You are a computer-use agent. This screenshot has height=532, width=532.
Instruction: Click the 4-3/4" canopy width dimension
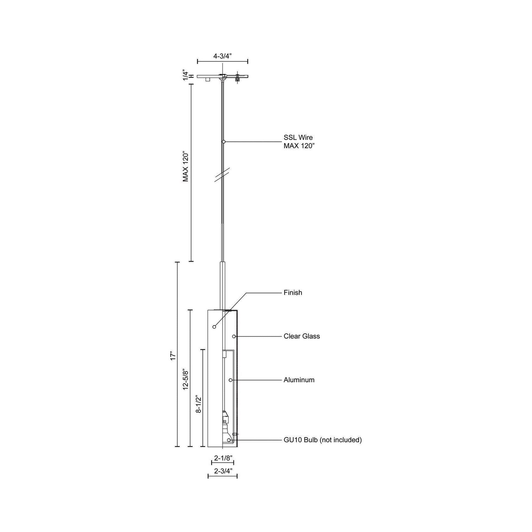point(223,56)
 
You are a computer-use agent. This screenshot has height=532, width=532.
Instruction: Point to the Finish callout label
point(293,293)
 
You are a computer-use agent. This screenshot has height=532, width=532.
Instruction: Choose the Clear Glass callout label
point(302,336)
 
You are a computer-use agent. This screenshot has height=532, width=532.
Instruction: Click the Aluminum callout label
point(299,380)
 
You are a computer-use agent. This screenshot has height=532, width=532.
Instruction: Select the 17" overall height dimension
point(173,356)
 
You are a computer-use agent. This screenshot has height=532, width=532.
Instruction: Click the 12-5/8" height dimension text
point(186,380)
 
